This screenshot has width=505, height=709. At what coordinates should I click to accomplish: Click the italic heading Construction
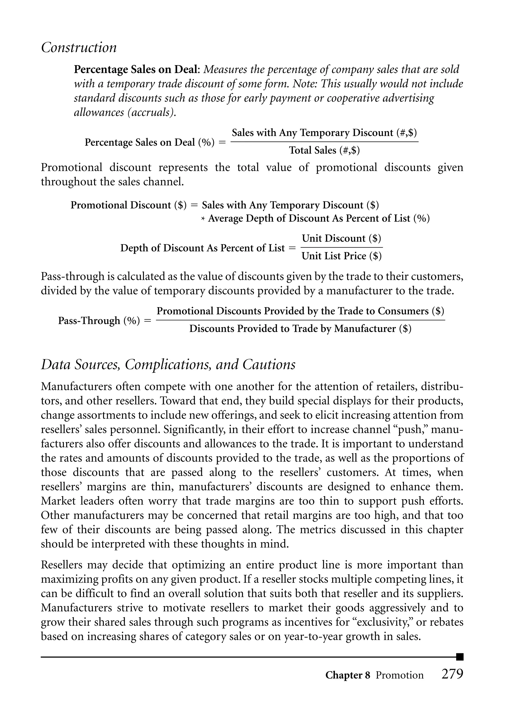[x=79, y=48]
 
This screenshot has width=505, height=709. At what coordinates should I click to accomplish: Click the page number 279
[x=452, y=674]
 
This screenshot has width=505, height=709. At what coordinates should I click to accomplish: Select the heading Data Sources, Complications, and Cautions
[x=168, y=364]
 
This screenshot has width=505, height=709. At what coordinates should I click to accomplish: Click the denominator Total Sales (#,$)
[x=324, y=150]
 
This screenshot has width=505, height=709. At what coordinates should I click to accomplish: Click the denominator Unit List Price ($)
[x=342, y=256]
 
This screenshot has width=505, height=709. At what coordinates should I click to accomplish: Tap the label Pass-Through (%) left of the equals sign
[x=99, y=320]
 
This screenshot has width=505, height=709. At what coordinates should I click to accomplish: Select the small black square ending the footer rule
[x=460, y=657]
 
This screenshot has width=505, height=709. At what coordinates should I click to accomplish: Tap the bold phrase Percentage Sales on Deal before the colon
[x=136, y=69]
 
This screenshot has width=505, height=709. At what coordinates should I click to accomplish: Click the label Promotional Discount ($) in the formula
[x=128, y=205]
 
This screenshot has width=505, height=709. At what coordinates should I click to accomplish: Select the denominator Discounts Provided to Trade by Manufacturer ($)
[x=300, y=329]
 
